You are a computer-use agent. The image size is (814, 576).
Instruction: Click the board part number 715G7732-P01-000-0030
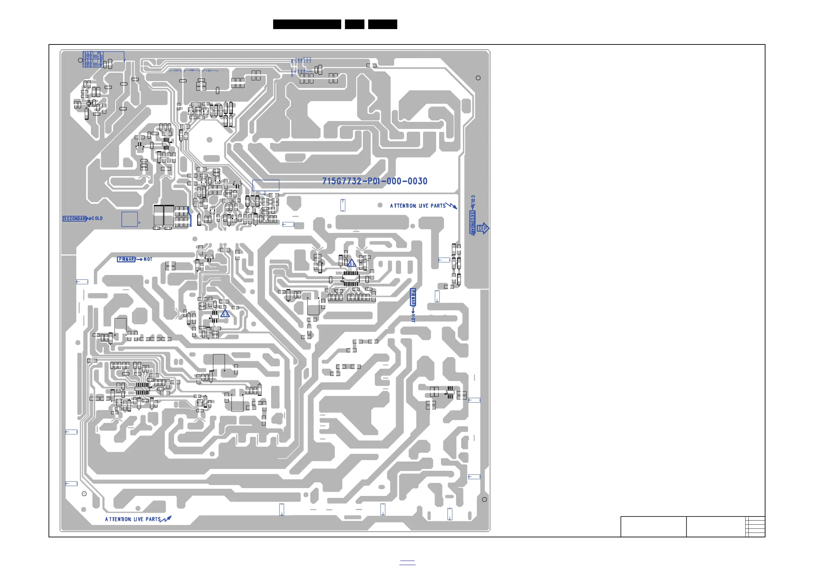[x=374, y=181]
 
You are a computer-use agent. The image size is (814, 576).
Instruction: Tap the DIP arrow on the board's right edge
[x=482, y=228]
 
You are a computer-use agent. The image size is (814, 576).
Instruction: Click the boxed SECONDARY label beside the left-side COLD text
[x=75, y=219]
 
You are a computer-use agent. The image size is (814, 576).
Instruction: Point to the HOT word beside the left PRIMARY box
[x=148, y=259]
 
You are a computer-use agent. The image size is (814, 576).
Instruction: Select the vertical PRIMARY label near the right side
[x=413, y=297]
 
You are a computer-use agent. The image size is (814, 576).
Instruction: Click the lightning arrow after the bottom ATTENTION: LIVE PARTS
[x=166, y=519]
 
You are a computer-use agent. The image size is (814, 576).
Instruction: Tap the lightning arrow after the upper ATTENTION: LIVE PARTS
[x=451, y=205]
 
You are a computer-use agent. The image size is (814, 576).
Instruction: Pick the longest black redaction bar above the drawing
[x=307, y=24]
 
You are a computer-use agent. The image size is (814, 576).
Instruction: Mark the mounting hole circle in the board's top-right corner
[x=478, y=78]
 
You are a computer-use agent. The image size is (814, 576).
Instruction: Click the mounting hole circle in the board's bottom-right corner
[x=484, y=499]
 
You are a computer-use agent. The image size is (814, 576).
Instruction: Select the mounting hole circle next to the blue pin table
[x=80, y=60]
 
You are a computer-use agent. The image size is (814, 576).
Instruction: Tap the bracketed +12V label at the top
[x=175, y=70]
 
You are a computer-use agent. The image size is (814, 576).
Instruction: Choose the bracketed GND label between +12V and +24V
[x=192, y=70]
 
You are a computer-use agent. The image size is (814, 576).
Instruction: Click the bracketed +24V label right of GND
[x=210, y=70]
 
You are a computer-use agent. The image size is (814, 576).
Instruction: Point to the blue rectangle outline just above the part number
[x=266, y=185]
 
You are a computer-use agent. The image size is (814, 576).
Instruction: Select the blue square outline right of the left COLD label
[x=130, y=219]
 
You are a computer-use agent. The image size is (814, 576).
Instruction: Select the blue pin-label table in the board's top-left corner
[x=93, y=59]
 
